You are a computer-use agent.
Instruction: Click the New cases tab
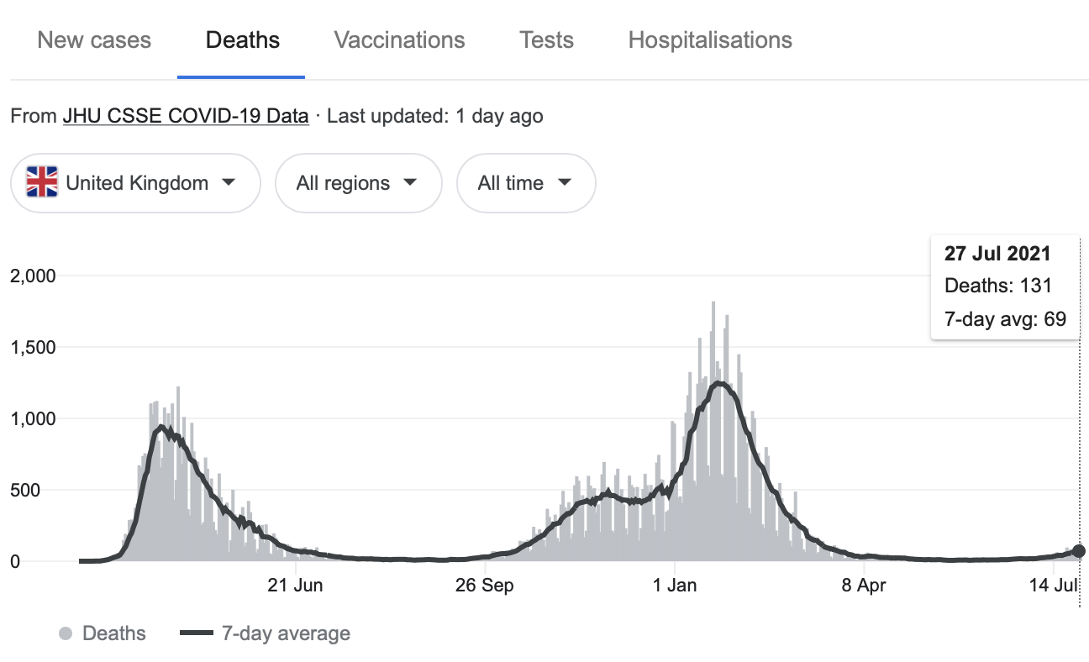click(x=94, y=40)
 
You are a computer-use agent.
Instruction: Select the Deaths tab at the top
click(x=243, y=40)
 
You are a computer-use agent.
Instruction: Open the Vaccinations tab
click(x=399, y=40)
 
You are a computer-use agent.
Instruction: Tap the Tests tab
click(x=546, y=40)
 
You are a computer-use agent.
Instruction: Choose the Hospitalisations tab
click(x=710, y=40)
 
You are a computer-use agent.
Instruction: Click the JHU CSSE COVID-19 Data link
click(x=186, y=116)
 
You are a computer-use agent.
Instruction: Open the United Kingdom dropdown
click(x=135, y=183)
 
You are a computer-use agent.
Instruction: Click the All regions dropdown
click(x=358, y=183)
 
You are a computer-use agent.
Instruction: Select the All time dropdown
click(x=525, y=183)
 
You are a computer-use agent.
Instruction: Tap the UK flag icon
click(x=42, y=182)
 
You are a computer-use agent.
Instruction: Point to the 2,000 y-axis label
click(x=32, y=276)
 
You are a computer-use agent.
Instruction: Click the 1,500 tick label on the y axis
click(x=32, y=348)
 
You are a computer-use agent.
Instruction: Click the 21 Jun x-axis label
click(x=295, y=586)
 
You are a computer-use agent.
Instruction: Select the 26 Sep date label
click(x=485, y=586)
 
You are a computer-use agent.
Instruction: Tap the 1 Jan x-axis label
click(x=675, y=586)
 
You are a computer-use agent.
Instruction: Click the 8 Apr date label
click(x=865, y=586)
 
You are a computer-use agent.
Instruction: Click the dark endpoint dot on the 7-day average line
click(x=1079, y=551)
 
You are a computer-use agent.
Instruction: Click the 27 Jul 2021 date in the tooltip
click(x=997, y=254)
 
